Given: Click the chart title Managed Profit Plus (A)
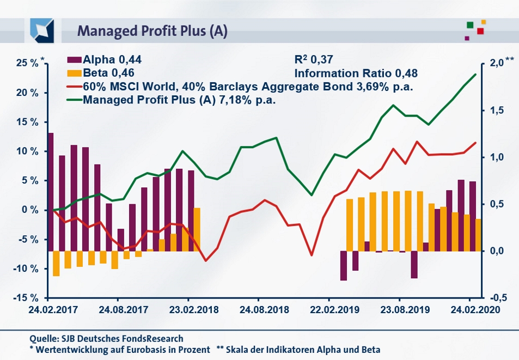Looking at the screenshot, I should point(152,30).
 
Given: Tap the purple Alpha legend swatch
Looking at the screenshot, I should point(74,60).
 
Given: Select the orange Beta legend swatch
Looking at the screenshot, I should point(74,72).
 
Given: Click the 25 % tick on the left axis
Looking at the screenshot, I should point(27,63).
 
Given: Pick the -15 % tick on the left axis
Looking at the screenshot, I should point(26,298).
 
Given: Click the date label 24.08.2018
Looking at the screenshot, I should point(259,310).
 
